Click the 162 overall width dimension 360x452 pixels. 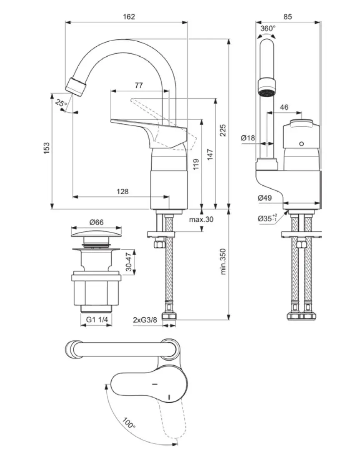[x=129, y=17]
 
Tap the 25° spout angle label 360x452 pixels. [x=61, y=103]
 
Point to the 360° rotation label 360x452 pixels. [x=268, y=28]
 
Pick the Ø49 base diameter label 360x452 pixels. [x=265, y=198]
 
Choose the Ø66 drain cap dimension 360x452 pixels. [x=97, y=223]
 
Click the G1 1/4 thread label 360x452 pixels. [x=97, y=320]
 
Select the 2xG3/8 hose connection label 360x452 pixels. [x=145, y=320]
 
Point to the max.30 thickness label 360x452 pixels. [x=201, y=220]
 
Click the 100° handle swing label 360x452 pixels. [x=129, y=424]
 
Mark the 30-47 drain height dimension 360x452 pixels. [x=129, y=261]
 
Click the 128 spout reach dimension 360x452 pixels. [x=122, y=191]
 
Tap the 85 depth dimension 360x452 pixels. [x=287, y=17]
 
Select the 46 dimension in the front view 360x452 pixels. [x=284, y=107]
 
